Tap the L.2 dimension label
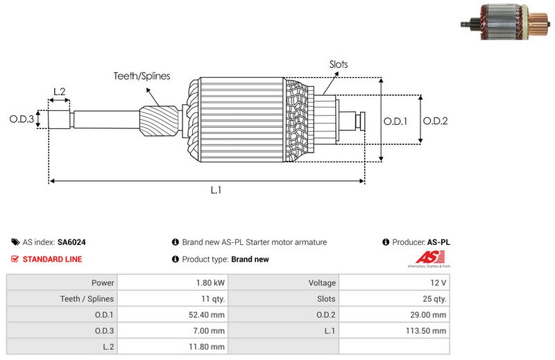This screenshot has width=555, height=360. (59, 92)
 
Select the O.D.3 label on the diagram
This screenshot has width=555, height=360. (22, 119)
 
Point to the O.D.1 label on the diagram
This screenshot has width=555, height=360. (395, 121)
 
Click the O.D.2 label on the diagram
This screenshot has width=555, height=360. (435, 121)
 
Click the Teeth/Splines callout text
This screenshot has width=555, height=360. (142, 76)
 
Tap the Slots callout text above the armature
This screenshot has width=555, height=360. (339, 65)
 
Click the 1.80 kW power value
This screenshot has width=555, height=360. (210, 283)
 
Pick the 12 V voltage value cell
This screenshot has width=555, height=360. (438, 283)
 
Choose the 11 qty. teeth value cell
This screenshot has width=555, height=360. (212, 299)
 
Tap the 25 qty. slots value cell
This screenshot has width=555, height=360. (435, 299)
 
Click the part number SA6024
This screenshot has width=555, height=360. (71, 242)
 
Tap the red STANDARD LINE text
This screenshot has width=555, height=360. (52, 259)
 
